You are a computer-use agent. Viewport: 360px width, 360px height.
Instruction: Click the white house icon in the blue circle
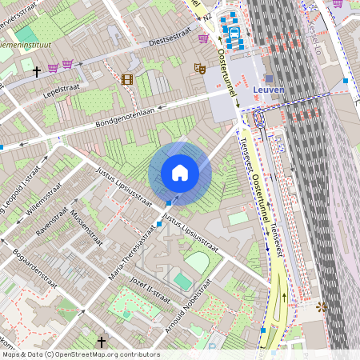[x=180, y=173]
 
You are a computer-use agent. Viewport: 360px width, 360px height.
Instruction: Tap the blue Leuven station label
[x=268, y=90]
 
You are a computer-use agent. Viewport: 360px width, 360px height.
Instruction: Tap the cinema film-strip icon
[x=126, y=79]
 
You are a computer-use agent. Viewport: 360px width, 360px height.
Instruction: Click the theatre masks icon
[x=200, y=70]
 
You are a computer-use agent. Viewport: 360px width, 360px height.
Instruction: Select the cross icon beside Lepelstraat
[x=36, y=72]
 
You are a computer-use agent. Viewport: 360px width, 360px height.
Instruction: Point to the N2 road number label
[x=207, y=16]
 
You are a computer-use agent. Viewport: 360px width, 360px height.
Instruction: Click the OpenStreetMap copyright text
[x=80, y=354]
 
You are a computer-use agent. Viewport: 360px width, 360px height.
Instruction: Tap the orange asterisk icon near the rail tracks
[x=322, y=306]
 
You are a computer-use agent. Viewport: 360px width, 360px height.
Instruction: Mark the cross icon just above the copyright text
[x=101, y=342]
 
